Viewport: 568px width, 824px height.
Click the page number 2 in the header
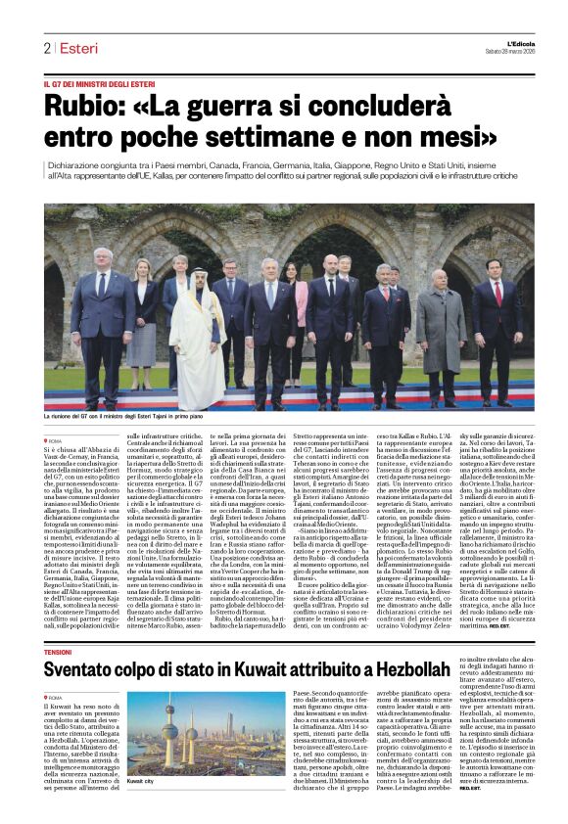[x=47, y=48]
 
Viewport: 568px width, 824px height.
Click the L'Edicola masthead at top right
[x=503, y=42]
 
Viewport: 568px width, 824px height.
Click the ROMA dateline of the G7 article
[x=56, y=441]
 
